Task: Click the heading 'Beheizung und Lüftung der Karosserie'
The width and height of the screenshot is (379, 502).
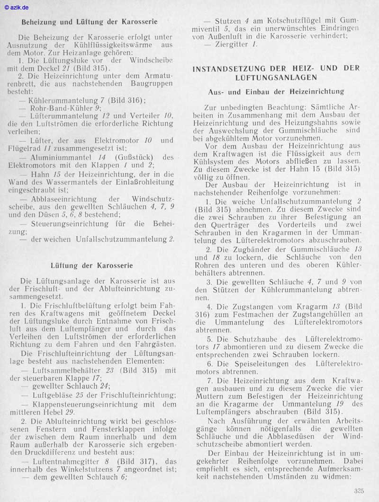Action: pyautogui.click(x=90, y=22)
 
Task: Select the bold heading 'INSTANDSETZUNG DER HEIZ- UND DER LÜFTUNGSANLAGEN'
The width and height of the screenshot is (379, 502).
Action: pyautogui.click(x=276, y=72)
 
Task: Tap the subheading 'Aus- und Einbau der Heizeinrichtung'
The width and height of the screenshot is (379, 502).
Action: pyautogui.click(x=276, y=91)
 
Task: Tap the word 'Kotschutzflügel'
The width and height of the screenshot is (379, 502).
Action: pyautogui.click(x=290, y=21)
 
